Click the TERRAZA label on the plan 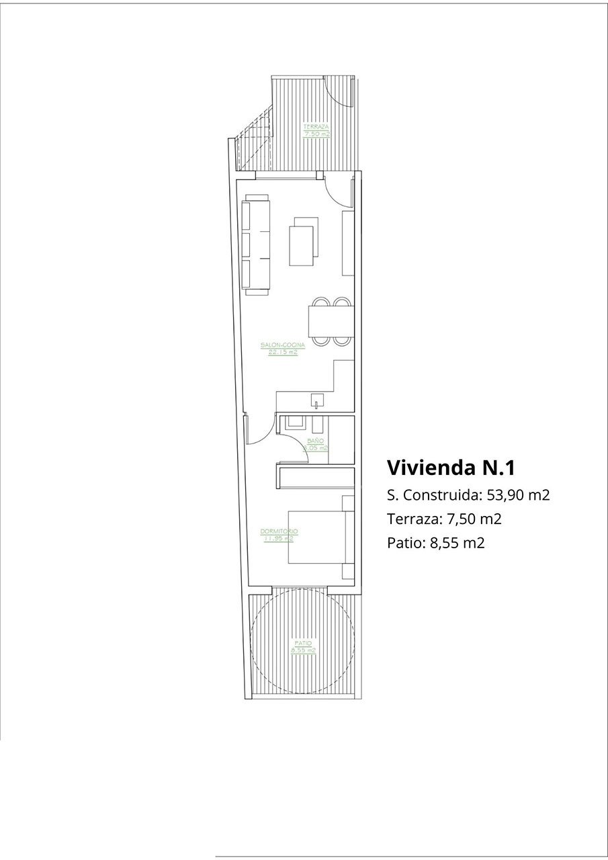tap(316, 127)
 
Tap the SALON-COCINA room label tap(283, 345)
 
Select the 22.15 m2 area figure tap(283, 352)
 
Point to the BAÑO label tap(315, 440)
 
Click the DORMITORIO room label tap(279, 531)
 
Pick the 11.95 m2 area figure tap(279, 538)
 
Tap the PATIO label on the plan tap(303, 644)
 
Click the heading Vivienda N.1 tap(451, 467)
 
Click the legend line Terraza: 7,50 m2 tap(445, 519)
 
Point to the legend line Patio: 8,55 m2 tap(435, 542)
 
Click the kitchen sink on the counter tap(315, 403)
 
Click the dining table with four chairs tap(329, 322)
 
